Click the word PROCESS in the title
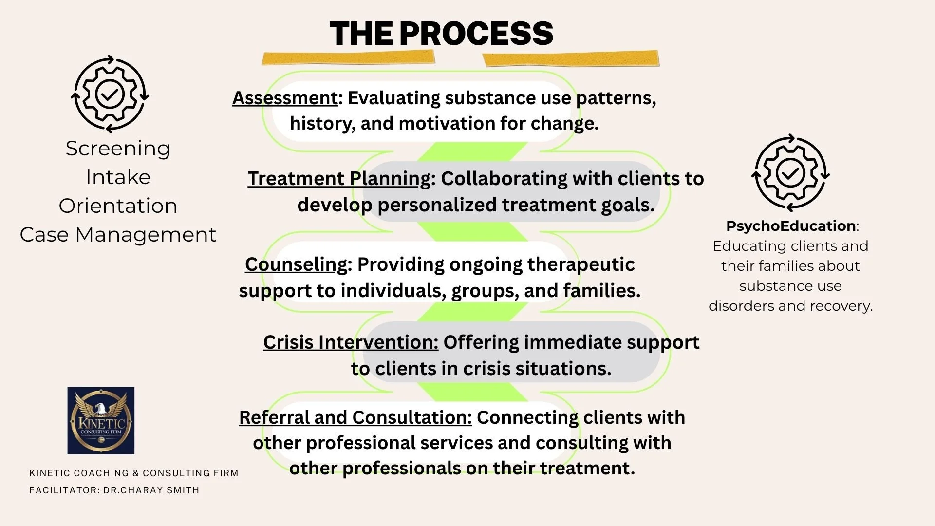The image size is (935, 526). (476, 34)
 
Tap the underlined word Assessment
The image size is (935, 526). (285, 98)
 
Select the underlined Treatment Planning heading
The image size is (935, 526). (339, 179)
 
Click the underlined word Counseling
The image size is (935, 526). (296, 264)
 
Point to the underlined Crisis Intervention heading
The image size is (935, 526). (351, 342)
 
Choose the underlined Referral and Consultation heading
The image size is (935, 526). (355, 417)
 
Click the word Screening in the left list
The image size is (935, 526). (118, 149)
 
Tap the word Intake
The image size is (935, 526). (118, 177)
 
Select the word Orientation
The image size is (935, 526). (118, 206)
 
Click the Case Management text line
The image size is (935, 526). (118, 235)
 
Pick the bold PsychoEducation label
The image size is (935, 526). (790, 226)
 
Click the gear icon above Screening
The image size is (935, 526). (110, 94)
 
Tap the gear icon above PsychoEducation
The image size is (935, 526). (790, 173)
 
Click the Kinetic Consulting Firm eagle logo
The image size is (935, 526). (101, 421)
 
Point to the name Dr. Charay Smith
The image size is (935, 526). (151, 490)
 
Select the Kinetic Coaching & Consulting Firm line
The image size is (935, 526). (134, 473)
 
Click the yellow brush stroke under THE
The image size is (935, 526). (348, 58)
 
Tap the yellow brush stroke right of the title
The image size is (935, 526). (570, 59)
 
